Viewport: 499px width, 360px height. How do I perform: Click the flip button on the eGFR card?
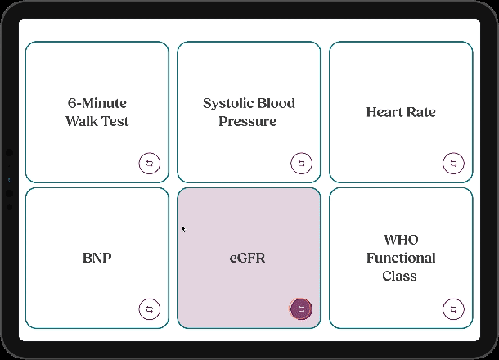[301, 308]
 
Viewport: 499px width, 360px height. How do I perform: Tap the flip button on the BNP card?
[150, 308]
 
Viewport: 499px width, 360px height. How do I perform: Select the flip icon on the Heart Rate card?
[453, 164]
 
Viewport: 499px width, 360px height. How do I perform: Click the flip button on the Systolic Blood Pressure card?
[301, 164]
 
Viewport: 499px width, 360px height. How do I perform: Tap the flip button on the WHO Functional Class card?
[453, 308]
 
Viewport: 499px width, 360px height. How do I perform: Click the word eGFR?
[248, 258]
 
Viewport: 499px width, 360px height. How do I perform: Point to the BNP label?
[97, 258]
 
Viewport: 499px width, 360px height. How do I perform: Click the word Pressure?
[248, 121]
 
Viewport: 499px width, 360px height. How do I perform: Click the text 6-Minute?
[97, 103]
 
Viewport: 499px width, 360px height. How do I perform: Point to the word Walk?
[80, 121]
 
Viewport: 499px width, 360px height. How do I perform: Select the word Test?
[115, 121]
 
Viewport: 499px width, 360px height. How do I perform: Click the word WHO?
[401, 240]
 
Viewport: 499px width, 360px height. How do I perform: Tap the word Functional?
[401, 258]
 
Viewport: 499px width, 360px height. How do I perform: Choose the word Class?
[400, 276]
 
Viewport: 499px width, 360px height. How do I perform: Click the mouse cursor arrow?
[183, 229]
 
